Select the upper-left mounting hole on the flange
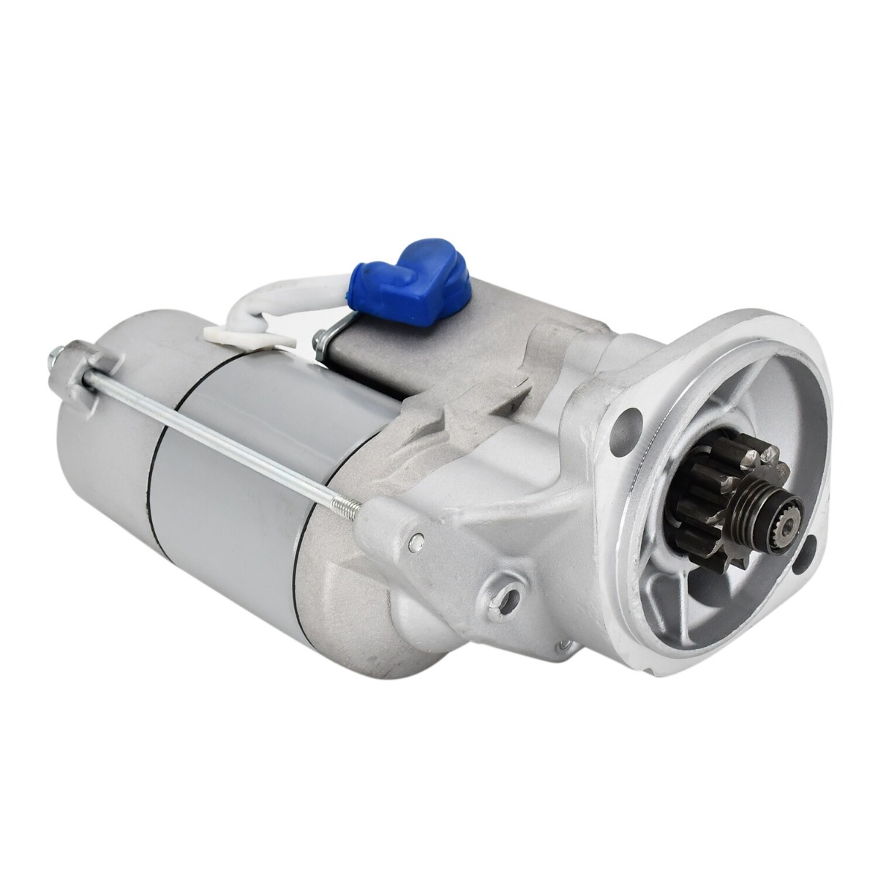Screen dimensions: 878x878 (x=625, y=422)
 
